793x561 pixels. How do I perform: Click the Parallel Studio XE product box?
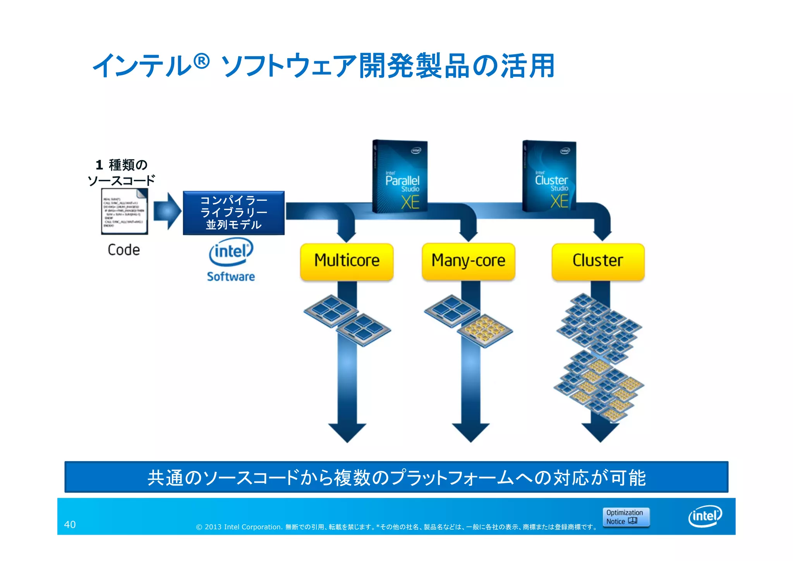(x=400, y=176)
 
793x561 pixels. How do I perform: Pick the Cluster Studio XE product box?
(x=549, y=176)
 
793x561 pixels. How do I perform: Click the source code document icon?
(x=124, y=211)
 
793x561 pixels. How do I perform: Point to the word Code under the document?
(x=124, y=250)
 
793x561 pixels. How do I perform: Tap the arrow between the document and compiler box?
(x=167, y=211)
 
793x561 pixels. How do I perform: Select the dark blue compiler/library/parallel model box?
(x=233, y=213)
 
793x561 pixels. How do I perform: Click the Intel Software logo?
(x=231, y=260)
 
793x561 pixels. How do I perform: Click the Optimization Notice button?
(x=626, y=517)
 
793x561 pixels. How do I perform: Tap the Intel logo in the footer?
(x=705, y=516)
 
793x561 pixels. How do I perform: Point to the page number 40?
(x=70, y=525)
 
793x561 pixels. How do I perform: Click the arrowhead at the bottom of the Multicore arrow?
(x=347, y=432)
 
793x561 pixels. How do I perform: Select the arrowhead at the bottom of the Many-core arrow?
(x=470, y=432)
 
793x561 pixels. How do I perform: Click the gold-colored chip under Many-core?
(x=485, y=330)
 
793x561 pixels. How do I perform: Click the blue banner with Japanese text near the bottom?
(x=396, y=477)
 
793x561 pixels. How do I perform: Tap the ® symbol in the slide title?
(x=201, y=61)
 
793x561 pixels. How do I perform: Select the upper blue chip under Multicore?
(x=331, y=310)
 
